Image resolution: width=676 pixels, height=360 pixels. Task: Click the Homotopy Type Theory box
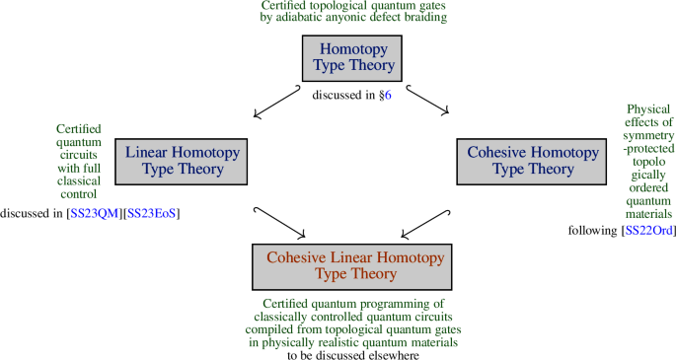(x=353, y=57)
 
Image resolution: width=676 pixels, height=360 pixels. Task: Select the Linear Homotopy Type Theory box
(x=183, y=161)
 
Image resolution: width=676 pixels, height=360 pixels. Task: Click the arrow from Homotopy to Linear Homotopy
(x=277, y=103)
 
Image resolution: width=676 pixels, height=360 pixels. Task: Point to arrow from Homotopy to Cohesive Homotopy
(x=427, y=103)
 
